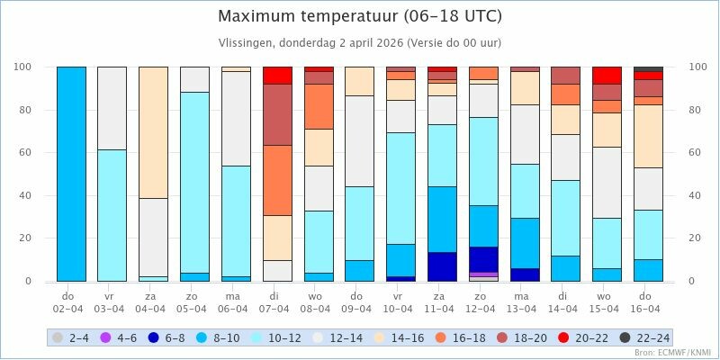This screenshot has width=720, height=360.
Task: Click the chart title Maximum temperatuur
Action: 360,17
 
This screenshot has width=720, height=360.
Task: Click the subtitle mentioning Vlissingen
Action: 360,42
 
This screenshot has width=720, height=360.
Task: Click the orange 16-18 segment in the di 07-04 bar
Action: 277,180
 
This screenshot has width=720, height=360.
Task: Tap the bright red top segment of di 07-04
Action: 277,75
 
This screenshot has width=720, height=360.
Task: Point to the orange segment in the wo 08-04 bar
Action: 319,106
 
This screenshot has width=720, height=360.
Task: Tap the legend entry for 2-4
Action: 73,337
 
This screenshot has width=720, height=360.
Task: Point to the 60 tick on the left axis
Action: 26,153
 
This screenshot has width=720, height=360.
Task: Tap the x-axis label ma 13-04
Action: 525,302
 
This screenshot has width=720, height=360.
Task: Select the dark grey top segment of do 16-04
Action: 649,68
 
